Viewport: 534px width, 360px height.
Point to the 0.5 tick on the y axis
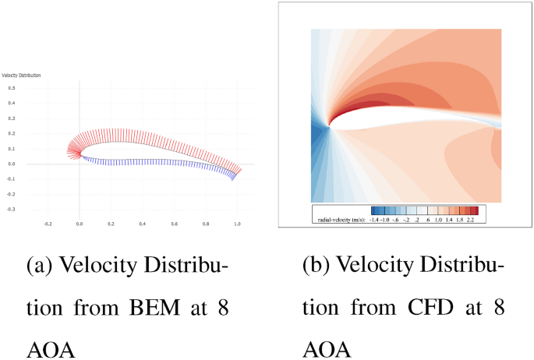(x=11, y=88)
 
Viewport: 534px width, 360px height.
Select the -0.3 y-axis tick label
(x=11, y=210)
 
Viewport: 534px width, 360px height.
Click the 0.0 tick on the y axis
(x=12, y=164)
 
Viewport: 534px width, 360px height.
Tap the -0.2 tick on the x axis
(x=48, y=223)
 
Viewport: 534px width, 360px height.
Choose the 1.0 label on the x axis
(x=237, y=223)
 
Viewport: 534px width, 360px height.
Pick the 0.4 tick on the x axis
(x=143, y=223)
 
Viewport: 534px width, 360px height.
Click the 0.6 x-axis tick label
(x=174, y=223)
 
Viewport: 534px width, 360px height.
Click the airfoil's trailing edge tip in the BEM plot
(x=240, y=169)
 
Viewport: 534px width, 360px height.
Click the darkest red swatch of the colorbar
(x=474, y=211)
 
